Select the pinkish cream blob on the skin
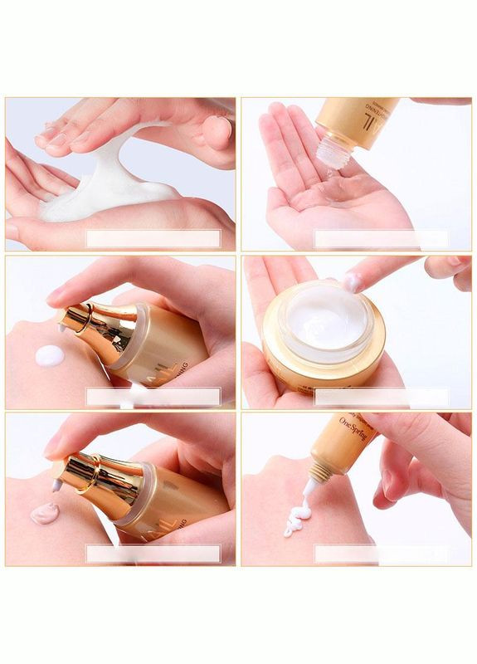click(x=46, y=512)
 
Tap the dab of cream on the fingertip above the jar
click(x=353, y=282)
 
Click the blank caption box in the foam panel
click(x=153, y=239)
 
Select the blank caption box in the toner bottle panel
click(x=382, y=239)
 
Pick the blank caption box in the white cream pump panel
click(x=153, y=396)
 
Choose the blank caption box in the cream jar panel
click(x=382, y=396)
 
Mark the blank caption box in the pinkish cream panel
click(x=153, y=554)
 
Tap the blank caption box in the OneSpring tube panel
click(x=382, y=554)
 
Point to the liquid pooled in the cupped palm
click(x=332, y=199)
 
